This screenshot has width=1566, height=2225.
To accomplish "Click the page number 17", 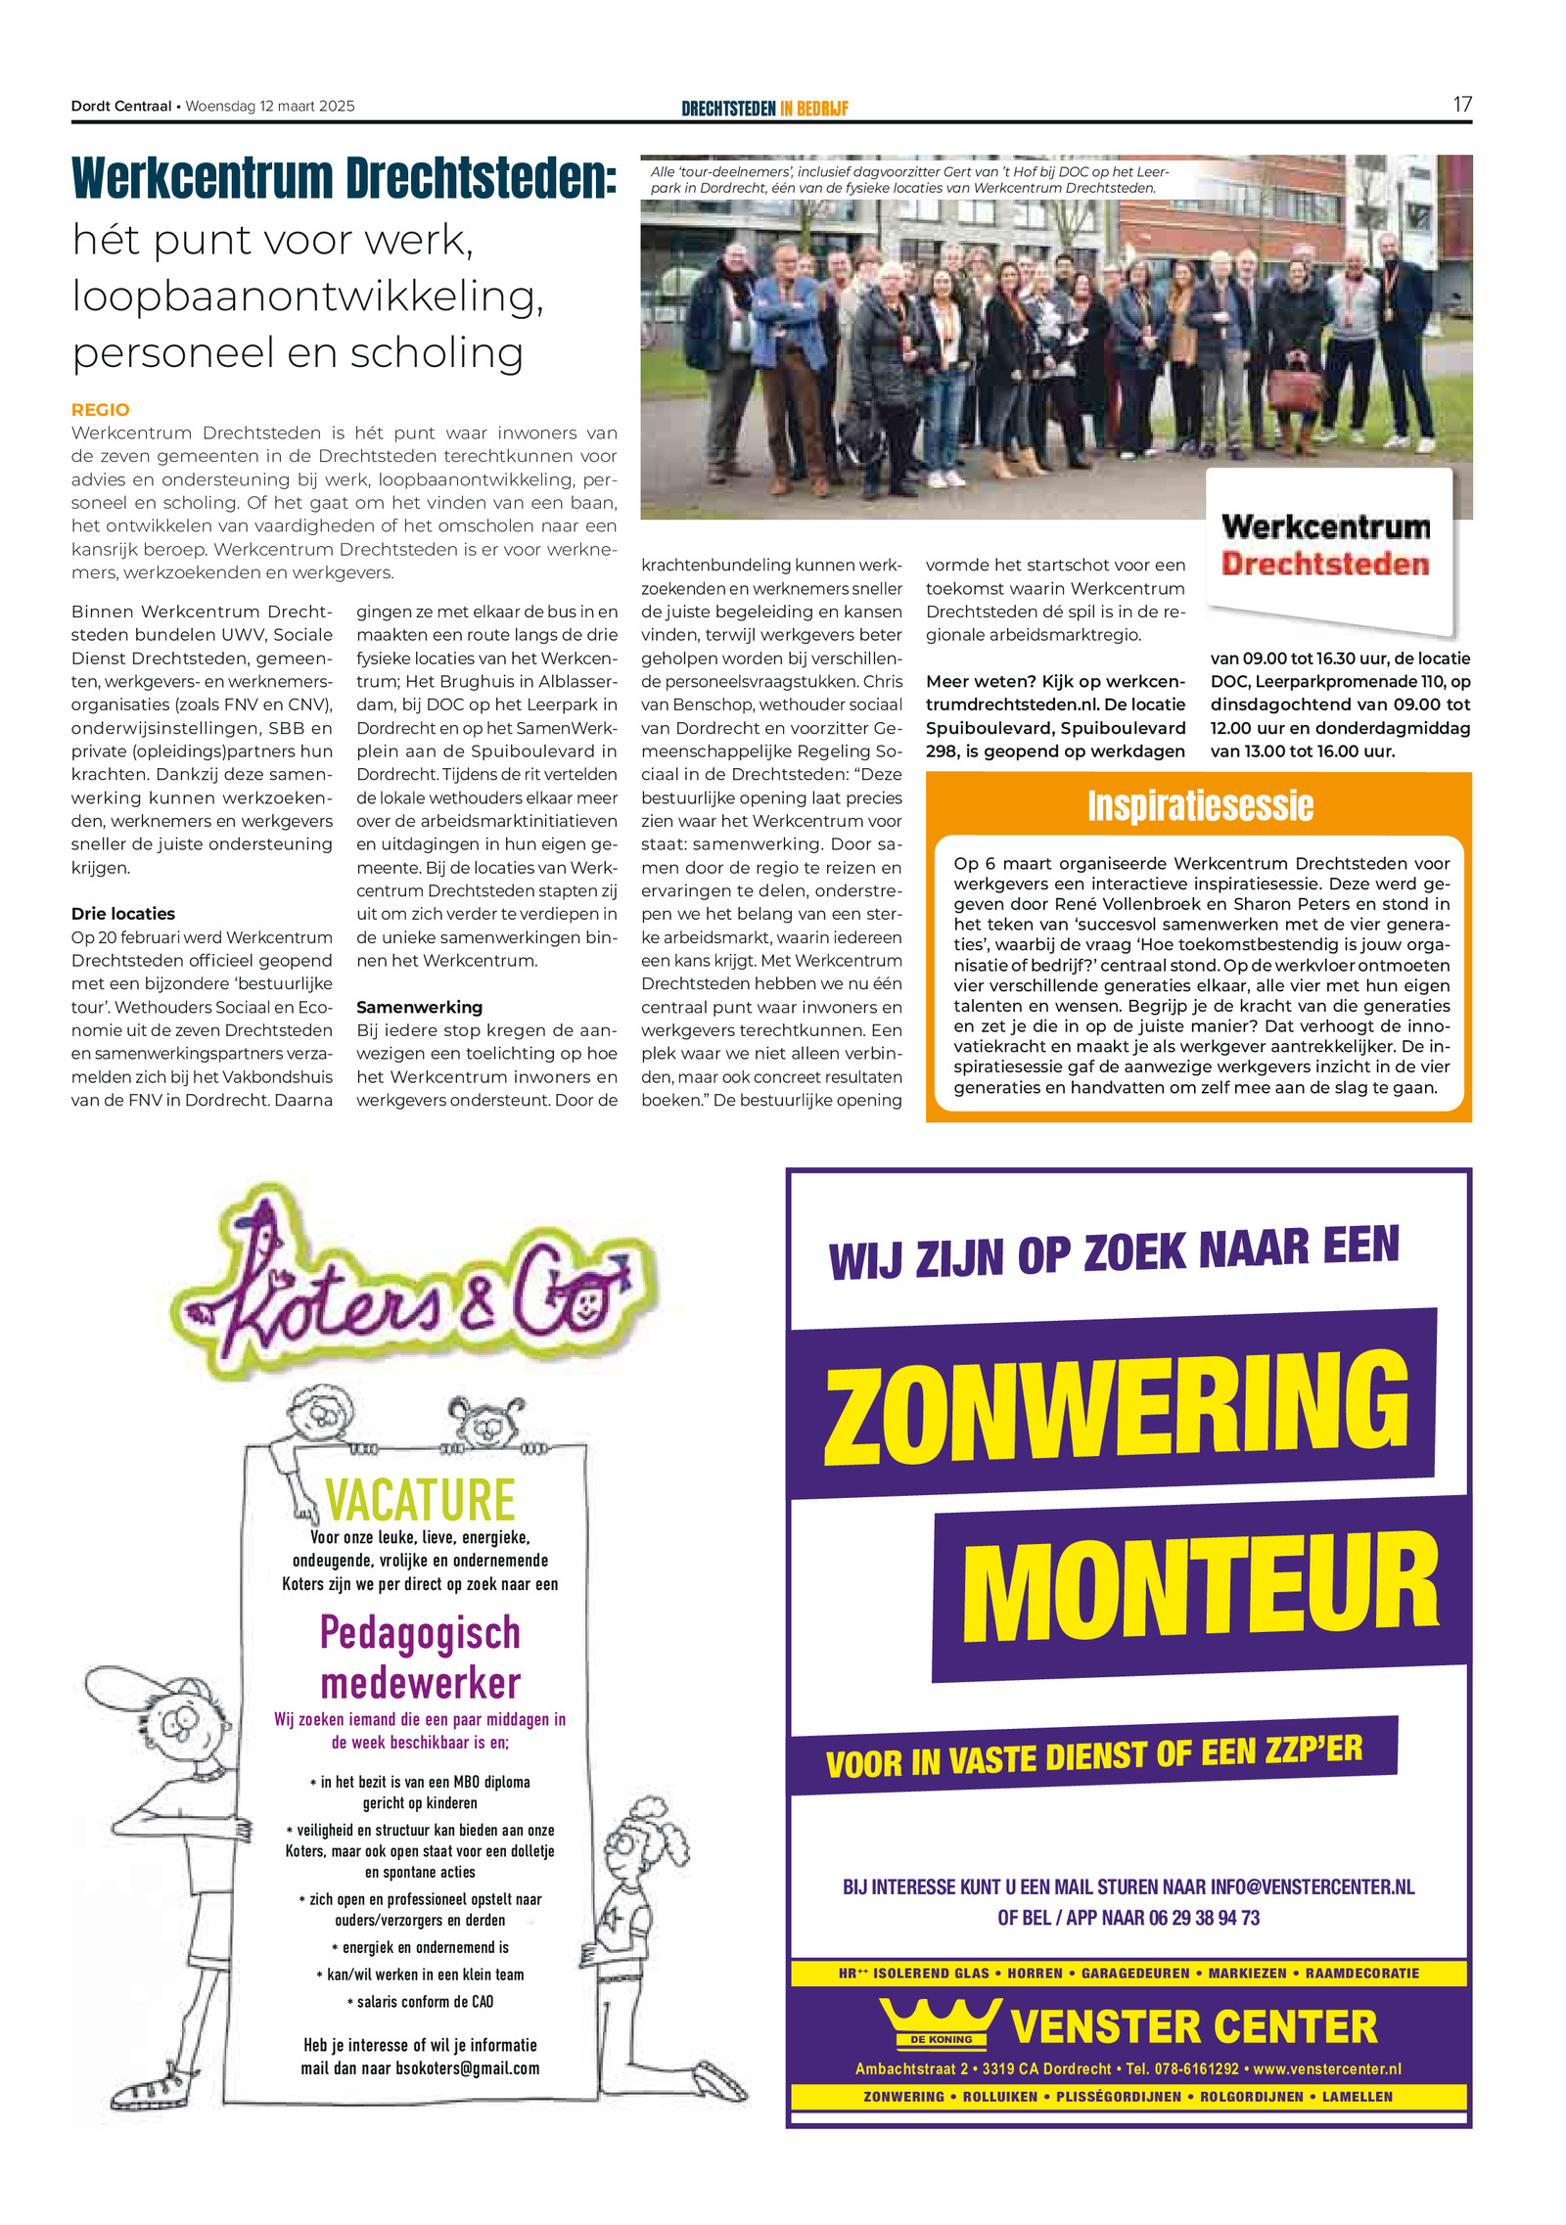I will click(1461, 105).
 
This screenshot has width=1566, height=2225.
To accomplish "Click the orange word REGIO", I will click(100, 410).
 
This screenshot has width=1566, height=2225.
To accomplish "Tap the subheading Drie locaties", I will click(123, 914).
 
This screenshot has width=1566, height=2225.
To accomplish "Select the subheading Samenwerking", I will click(419, 1007).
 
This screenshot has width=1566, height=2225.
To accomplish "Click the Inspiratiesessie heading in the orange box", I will click(1200, 806).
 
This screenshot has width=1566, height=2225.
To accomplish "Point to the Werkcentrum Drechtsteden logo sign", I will click(1326, 546).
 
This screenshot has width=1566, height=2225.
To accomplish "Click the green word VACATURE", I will click(420, 1500).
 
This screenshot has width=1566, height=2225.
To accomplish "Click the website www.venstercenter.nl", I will click(1327, 2069).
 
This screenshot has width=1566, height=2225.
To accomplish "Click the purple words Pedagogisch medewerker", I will click(420, 1658).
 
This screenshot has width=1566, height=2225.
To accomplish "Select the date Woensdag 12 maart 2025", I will click(270, 106).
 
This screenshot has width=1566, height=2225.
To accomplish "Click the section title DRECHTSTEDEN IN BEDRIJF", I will click(764, 109).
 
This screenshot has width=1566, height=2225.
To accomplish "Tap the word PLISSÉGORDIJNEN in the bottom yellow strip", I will click(1118, 2097).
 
